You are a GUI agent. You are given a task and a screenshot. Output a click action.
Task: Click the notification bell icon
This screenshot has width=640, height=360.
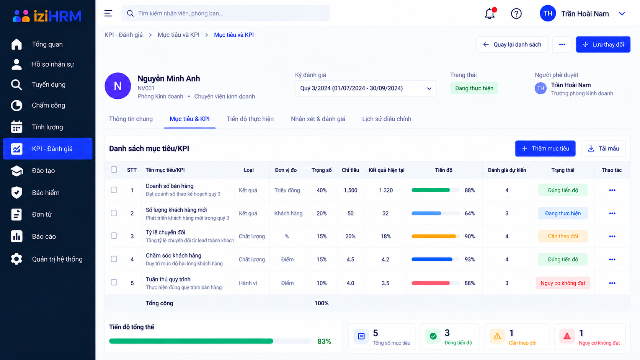point(490,13)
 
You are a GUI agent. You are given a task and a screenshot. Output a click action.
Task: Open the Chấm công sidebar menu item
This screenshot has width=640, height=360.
point(48,105)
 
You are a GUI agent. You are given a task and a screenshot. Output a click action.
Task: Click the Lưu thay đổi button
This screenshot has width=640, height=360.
point(603,44)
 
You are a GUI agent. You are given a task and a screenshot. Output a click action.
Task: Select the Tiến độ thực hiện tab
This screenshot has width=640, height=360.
point(250,119)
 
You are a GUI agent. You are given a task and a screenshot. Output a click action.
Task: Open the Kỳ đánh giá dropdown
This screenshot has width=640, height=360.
point(366,88)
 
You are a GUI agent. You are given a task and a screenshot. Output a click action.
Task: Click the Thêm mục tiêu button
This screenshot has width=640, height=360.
point(545,148)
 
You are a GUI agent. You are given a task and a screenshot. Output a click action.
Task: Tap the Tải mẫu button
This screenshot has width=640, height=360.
point(603,148)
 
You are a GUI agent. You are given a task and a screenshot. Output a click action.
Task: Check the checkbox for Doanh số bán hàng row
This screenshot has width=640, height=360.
point(114,190)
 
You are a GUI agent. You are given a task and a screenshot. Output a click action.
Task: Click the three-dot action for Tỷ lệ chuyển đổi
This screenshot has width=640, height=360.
point(612,236)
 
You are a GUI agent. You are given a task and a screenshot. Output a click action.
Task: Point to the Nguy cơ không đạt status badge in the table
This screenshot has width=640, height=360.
point(563,283)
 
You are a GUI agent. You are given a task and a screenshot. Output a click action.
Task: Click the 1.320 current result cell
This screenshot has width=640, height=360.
point(386,191)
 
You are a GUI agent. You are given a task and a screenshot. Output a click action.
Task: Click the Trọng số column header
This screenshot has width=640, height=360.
point(322,170)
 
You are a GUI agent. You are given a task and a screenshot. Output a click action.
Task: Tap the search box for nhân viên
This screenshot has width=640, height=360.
point(226,13)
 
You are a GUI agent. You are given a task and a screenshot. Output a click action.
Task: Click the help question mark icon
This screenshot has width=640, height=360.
point(516,13)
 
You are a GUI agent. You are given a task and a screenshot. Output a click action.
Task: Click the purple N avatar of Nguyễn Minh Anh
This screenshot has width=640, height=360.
point(118,86)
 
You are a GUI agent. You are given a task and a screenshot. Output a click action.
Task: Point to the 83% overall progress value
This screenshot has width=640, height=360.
point(324,341)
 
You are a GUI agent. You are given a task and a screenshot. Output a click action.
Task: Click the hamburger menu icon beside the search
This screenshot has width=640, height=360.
point(108,13)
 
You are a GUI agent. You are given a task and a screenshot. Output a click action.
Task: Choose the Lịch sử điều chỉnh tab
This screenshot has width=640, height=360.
point(387,119)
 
